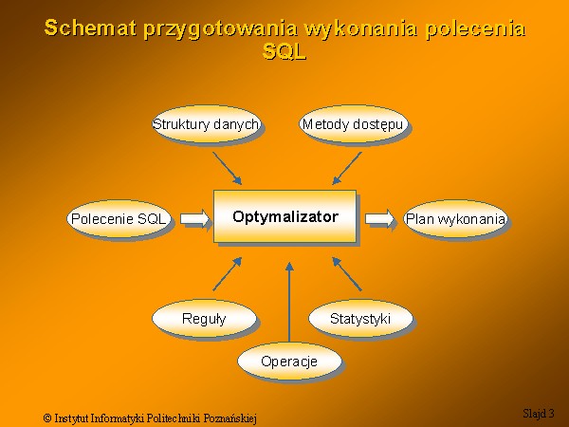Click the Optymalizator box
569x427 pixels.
coord(284,216)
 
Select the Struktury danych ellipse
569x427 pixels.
coord(206,124)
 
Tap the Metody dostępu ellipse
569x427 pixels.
coord(353,124)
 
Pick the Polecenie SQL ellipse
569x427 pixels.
coord(119,218)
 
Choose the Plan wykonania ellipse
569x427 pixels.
coord(455,218)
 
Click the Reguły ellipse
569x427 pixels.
coord(204,319)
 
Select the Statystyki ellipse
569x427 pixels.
coord(360,319)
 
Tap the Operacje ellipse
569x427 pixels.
coord(289,361)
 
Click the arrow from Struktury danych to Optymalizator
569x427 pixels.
coord(228,169)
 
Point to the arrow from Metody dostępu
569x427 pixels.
coord(347,169)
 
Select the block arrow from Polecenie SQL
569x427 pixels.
coord(194,218)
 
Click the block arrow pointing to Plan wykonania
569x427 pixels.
coord(379,218)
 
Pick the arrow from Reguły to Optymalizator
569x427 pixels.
coord(228,274)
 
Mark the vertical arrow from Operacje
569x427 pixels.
coord(289,302)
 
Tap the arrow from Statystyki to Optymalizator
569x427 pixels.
coord(347,274)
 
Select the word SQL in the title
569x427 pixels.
coord(284,51)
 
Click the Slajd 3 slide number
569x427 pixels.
coord(539,413)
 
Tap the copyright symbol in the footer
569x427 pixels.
coord(47,418)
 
